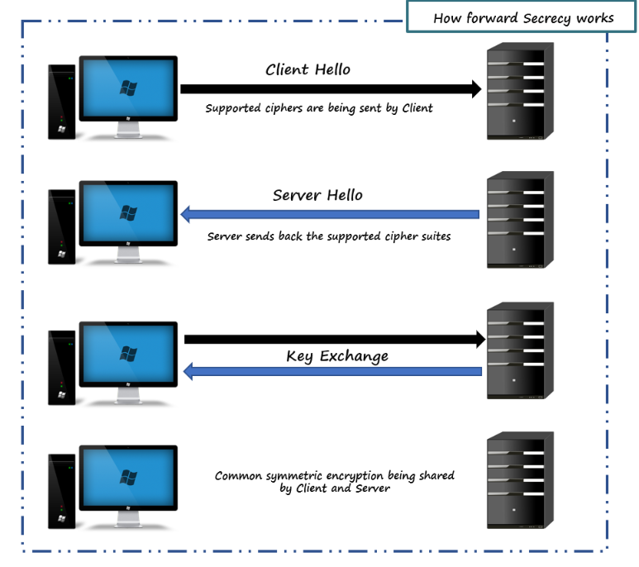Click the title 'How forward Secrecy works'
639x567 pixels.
pyautogui.click(x=523, y=18)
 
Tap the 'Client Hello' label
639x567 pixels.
pyautogui.click(x=308, y=69)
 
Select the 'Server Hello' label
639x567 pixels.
pyautogui.click(x=317, y=196)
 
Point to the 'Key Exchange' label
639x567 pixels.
pyautogui.click(x=336, y=356)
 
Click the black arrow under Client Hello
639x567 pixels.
pyautogui.click(x=331, y=89)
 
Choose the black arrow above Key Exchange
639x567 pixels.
pyautogui.click(x=334, y=338)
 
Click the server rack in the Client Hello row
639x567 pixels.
pyautogui.click(x=519, y=91)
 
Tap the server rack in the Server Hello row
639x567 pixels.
pyautogui.click(x=519, y=219)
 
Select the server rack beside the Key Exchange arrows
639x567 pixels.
pyautogui.click(x=519, y=350)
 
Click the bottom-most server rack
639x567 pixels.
pyautogui.click(x=519, y=479)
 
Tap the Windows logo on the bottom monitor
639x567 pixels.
pyautogui.click(x=128, y=477)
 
